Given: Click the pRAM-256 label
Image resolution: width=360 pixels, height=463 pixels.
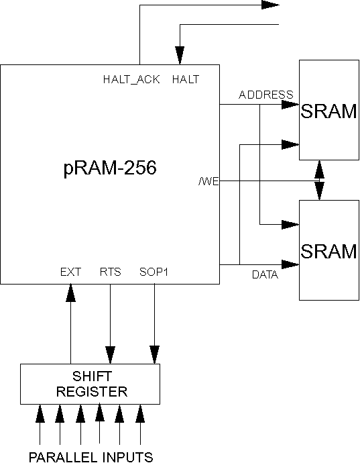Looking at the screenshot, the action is pos(110,168).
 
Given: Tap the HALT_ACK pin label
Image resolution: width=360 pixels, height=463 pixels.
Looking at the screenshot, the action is pos(131,79).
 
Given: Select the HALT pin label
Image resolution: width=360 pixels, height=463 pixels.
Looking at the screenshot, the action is pos(186,79).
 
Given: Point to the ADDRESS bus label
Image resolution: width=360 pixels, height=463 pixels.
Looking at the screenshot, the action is pos(266,95).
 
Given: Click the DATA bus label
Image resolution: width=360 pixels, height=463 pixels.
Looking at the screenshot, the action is pos(265,274).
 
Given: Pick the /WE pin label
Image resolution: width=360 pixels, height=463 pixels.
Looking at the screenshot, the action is pos(209,181).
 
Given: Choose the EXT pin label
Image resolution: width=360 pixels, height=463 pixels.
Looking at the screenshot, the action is pos(70,272).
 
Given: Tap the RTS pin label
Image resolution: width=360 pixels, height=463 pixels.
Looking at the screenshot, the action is pos(111,272).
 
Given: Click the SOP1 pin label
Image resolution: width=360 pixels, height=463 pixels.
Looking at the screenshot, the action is pos(154,272).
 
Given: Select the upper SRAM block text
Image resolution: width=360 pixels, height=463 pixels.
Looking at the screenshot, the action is pos(328,111).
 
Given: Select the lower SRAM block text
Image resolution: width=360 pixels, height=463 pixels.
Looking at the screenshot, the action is pos(328,251).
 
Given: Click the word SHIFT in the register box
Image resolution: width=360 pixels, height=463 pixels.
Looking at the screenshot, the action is pos(92,376).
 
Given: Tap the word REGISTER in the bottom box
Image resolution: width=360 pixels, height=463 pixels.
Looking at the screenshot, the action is pos(92,392).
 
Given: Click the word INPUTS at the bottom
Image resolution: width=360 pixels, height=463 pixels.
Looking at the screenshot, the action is pos(128,457).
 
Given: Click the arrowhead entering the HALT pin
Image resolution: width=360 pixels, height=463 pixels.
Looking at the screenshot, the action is pos(180,55).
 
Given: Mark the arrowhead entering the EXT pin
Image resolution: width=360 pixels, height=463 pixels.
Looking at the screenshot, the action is pos(70,293).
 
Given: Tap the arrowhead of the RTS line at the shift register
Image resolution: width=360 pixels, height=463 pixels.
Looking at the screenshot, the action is pos(111,355).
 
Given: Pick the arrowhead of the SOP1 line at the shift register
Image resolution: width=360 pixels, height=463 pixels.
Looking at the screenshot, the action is pos(155,355).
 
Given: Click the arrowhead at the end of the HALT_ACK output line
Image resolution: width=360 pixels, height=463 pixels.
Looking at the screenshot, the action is pos(270,5).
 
